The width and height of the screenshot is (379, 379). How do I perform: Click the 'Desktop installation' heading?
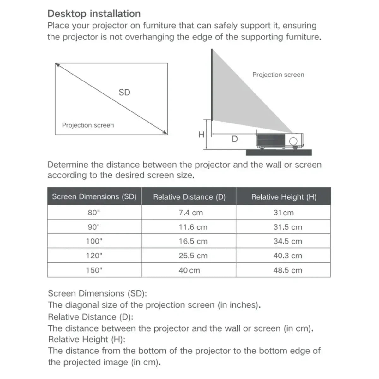(x=94, y=14)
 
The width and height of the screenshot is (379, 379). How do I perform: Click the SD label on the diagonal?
(x=124, y=92)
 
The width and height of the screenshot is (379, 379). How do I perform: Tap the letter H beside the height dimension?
(x=201, y=135)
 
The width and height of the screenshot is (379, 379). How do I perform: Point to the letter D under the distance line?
(x=235, y=139)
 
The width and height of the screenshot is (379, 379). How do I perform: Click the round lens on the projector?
(x=293, y=141)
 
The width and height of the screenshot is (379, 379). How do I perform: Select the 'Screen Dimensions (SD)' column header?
(x=94, y=196)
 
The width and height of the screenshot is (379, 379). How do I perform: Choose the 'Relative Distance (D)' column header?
(x=189, y=197)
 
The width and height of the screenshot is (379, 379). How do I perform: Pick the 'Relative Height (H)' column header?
(x=284, y=197)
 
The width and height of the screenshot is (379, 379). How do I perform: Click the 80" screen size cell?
(x=94, y=213)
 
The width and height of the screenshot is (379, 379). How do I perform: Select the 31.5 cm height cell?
(x=287, y=227)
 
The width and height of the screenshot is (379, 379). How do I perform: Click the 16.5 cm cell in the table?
(x=193, y=241)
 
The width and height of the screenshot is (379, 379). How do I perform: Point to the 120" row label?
(x=94, y=256)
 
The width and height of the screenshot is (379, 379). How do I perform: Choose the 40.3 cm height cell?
(x=287, y=256)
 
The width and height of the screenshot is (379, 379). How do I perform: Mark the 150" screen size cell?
(x=94, y=270)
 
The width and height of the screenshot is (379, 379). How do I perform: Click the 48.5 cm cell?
(x=287, y=270)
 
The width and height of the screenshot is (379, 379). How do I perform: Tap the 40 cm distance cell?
(x=189, y=270)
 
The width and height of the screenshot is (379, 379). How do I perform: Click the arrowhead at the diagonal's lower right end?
(x=165, y=133)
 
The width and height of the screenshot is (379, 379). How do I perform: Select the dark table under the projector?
(x=279, y=153)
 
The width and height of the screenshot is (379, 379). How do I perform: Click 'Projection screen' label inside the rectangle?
(x=88, y=125)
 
